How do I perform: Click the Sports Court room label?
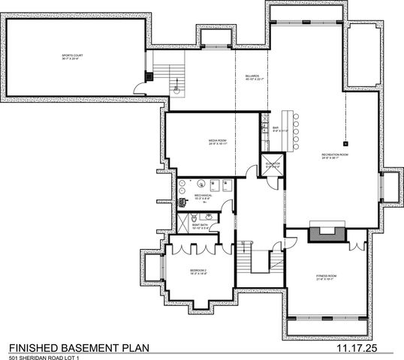pos(73,57)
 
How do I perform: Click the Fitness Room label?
pos(326,277)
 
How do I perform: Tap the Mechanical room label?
pos(204,196)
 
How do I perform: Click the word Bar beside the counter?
pos(276,128)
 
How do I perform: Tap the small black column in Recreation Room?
pos(346,142)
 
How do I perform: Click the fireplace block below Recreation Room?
pos(326,233)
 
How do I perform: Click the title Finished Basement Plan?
pos(79,348)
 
